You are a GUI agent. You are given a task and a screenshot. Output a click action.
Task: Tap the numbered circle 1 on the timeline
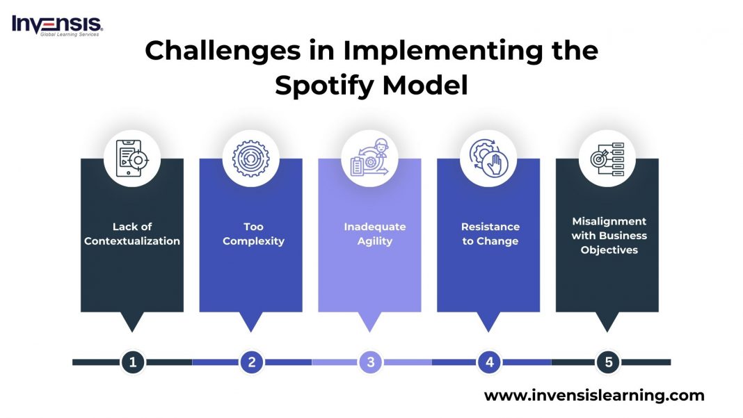tap(132, 362)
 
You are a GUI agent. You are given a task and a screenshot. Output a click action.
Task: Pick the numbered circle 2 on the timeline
tap(252, 362)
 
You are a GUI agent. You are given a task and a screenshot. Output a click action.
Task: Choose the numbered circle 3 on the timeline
tap(371, 362)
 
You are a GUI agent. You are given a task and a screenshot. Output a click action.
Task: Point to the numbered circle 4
tap(490, 362)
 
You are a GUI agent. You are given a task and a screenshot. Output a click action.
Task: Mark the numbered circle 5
tap(608, 362)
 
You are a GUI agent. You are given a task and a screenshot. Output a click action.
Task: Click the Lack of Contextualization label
tap(132, 234)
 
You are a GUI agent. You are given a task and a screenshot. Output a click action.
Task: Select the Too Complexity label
tap(253, 234)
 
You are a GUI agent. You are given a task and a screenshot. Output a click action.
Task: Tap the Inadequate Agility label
tap(374, 234)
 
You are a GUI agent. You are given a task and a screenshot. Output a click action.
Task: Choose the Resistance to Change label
tap(490, 234)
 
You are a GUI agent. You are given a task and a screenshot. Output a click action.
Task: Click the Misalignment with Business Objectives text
tap(609, 235)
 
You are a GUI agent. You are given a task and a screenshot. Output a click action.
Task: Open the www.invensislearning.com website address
tap(594, 396)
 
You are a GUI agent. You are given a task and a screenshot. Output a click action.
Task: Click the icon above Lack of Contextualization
tap(132, 158)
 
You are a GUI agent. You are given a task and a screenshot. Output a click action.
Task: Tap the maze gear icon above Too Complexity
tap(251, 158)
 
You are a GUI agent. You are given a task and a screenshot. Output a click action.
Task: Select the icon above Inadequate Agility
tap(370, 158)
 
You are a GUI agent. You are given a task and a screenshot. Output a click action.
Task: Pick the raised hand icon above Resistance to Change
tap(489, 158)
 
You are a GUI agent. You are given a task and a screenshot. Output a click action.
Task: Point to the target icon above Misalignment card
tap(607, 158)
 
